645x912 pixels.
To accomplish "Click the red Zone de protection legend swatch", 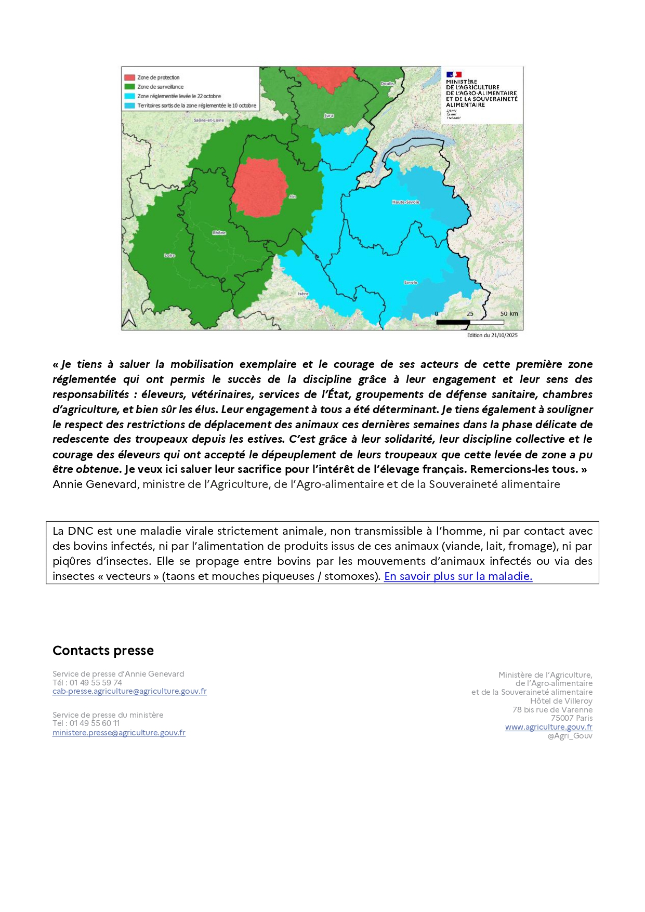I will point(129,77).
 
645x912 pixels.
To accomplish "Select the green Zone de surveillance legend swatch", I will point(129,87).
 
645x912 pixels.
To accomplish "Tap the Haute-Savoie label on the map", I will point(405,202).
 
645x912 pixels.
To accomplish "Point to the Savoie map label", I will point(411,282).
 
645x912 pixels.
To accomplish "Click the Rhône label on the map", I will point(219,233).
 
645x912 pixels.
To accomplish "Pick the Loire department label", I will point(169,255).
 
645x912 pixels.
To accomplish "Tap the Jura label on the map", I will point(328,115).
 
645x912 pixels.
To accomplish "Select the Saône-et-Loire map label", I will point(209,120).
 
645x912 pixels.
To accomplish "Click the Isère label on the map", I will point(303,294).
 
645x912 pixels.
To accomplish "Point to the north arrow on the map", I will point(129,318).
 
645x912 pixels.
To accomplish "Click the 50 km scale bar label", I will point(509,314).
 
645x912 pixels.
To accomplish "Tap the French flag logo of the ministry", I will point(454,75).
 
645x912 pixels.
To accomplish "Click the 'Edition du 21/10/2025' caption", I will point(492,335).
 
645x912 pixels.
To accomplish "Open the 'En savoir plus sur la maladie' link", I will point(458,576).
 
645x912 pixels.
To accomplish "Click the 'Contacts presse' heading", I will point(103,651).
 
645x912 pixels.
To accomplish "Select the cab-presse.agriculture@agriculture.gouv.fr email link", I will point(129,691).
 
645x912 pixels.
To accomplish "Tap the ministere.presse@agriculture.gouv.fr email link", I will point(119,733).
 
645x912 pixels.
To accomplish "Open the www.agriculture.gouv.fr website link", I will point(548,727).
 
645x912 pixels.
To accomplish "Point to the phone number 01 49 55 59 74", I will point(96,682).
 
